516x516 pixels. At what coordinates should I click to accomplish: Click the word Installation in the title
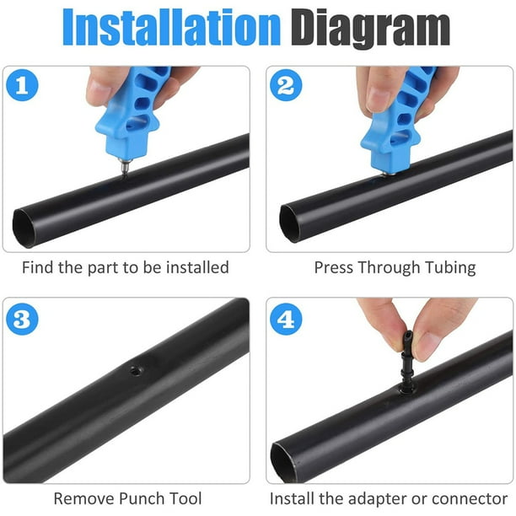point(172,29)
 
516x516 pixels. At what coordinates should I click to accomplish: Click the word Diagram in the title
point(371,29)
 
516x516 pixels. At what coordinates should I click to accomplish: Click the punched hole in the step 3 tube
point(132,369)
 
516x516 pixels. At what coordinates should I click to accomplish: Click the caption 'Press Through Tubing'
point(395,267)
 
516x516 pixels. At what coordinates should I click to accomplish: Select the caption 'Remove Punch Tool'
point(126,498)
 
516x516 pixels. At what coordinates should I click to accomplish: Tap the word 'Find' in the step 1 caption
point(40,267)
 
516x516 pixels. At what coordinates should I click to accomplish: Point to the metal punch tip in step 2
point(390,173)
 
